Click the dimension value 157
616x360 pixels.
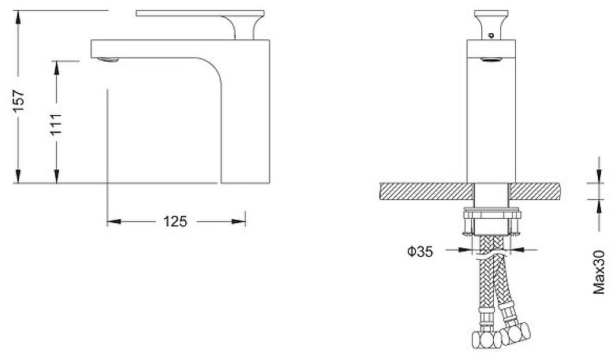tap(18, 102)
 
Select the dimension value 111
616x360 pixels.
tap(56, 124)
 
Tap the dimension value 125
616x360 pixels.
tap(175, 221)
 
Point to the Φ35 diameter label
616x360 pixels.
tap(420, 251)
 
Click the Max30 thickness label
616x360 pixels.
tap(599, 272)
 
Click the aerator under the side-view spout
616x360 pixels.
tap(108, 60)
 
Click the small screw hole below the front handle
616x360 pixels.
tap(491, 35)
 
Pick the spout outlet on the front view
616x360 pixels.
tap(491, 60)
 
